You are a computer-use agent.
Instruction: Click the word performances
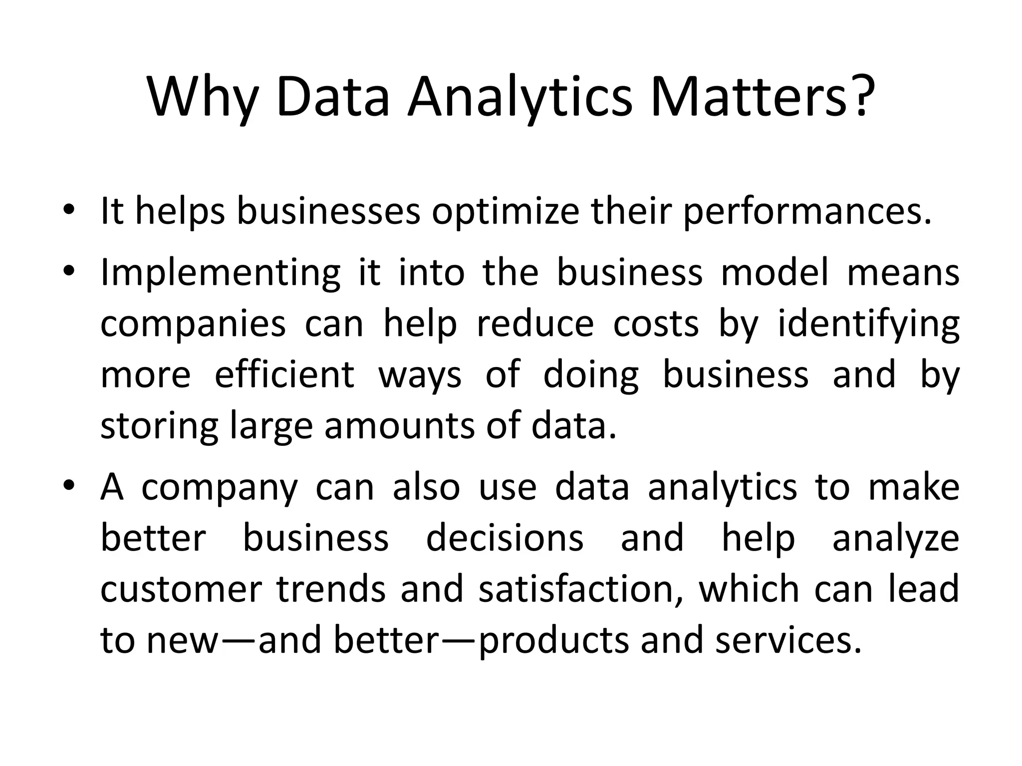pos(806,212)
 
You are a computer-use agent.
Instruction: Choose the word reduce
pos(535,324)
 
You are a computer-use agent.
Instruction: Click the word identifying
pos(869,325)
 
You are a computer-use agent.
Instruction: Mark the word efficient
pos(284,375)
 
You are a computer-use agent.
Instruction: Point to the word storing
pos(159,426)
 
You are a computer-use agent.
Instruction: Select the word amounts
pos(399,426)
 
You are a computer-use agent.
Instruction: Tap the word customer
pos(181,589)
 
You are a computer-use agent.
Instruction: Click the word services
pos(788,640)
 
